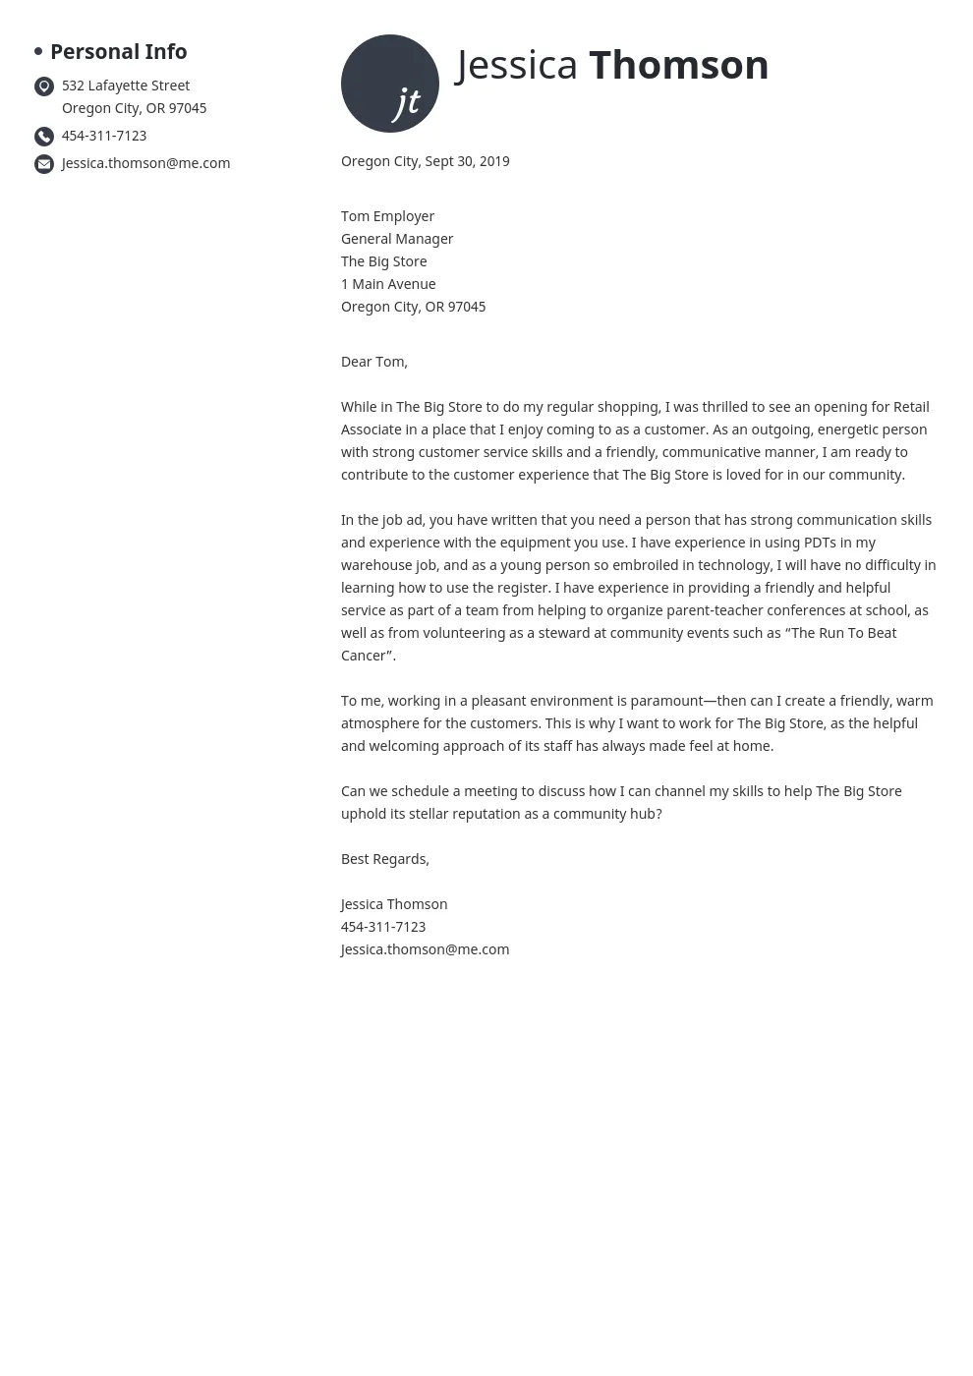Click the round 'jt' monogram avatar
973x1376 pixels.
tap(390, 84)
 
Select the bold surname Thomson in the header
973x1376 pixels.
tap(678, 66)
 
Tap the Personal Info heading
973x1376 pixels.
tap(118, 52)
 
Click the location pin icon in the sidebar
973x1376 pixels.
tap(44, 86)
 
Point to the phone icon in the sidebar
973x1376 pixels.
tap(44, 137)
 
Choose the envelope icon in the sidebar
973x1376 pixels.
tap(44, 164)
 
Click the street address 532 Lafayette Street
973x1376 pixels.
tap(126, 86)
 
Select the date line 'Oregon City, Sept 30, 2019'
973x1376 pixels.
tap(425, 162)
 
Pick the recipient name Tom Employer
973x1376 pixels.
tap(387, 217)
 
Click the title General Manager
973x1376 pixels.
tap(397, 240)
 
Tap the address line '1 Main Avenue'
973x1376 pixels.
tap(388, 285)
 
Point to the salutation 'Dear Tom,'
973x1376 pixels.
tap(373, 363)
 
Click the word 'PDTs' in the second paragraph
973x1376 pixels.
tap(820, 544)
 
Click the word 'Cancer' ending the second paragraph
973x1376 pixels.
tap(363, 657)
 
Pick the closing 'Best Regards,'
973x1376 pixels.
tap(385, 860)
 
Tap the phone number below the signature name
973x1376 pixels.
tap(383, 928)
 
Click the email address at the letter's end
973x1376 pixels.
tap(425, 950)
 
